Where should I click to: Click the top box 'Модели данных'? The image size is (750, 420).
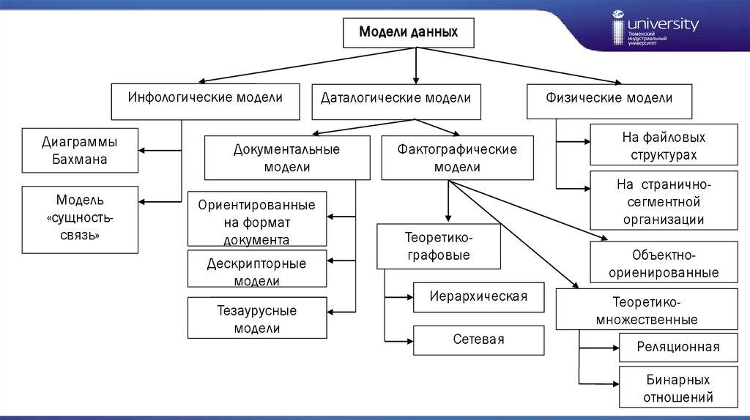[409, 33]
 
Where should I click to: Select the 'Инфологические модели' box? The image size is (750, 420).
[205, 101]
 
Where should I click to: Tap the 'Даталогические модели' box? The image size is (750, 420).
[396, 101]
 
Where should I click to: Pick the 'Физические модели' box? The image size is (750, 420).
[609, 101]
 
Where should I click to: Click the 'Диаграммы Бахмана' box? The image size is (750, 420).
[80, 150]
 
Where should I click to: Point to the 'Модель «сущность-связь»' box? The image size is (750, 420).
[80, 219]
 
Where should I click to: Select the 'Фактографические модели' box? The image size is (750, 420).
[457, 158]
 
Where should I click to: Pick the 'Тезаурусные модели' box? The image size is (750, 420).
[256, 319]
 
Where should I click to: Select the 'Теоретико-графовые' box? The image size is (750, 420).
[438, 247]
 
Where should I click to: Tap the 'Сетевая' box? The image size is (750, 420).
[479, 340]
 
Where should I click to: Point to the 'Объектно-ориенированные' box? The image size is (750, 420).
[664, 263]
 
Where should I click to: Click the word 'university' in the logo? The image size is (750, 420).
[664, 25]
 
